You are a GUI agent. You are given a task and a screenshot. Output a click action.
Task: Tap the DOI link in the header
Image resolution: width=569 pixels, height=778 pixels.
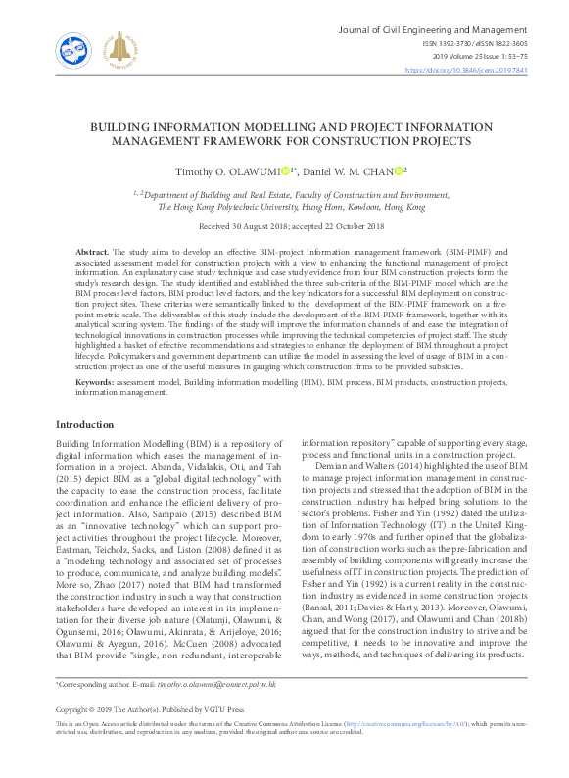point(480,70)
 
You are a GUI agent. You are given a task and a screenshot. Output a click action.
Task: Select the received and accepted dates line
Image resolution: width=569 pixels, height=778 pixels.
point(284,225)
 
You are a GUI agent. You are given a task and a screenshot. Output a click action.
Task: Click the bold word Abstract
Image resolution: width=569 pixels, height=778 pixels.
point(93,253)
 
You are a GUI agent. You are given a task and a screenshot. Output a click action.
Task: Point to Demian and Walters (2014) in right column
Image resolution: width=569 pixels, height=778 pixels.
point(363,467)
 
